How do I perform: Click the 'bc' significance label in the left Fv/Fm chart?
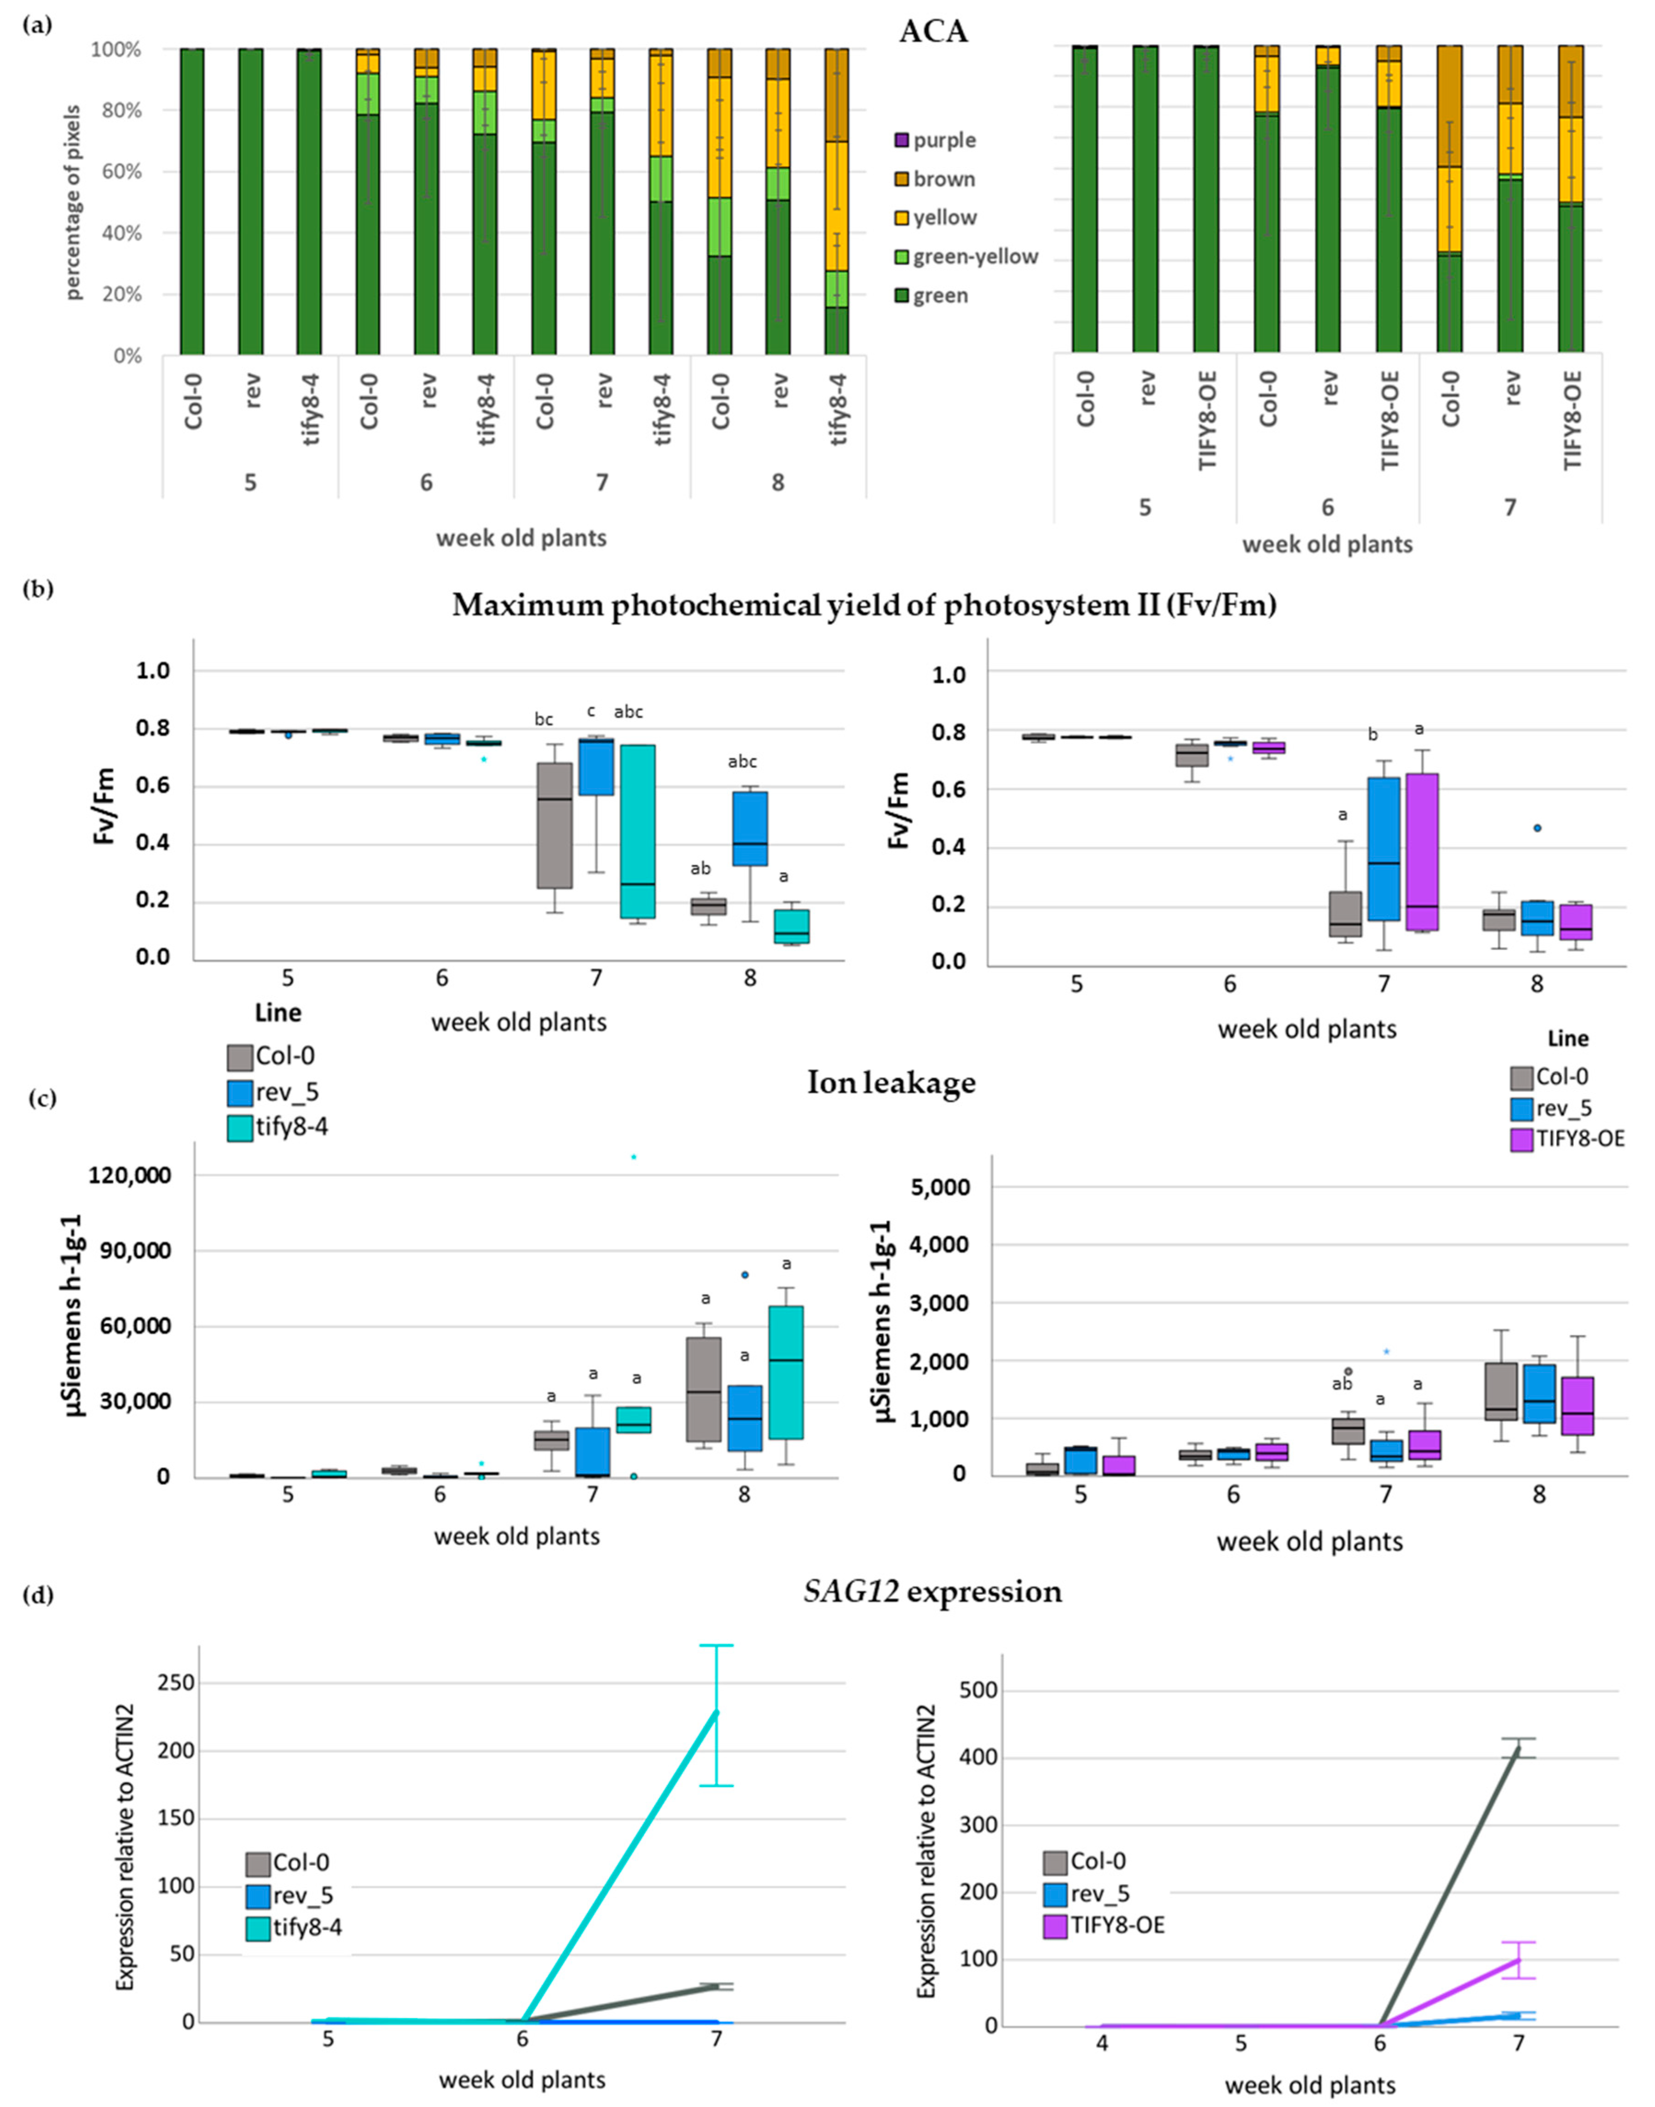click(544, 719)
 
